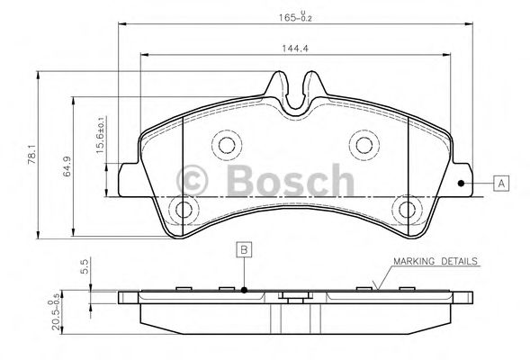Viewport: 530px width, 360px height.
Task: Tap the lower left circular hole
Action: pyautogui.click(x=184, y=211)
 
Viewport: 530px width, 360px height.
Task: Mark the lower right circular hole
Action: pyautogui.click(x=408, y=211)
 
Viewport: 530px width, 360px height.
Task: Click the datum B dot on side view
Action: pyautogui.click(x=244, y=290)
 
